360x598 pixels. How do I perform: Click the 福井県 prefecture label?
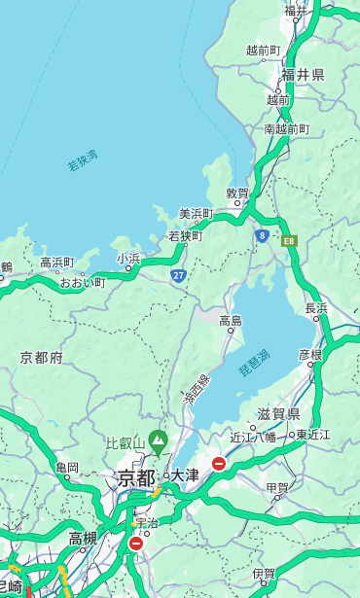coord(303,75)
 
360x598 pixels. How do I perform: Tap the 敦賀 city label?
coord(237,193)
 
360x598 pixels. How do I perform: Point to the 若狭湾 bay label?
coord(83,160)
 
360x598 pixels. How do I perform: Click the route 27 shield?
coord(178,275)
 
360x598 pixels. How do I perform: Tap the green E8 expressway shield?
coord(289,240)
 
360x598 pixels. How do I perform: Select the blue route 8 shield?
coord(262,235)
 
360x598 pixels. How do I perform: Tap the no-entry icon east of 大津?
coord(219,464)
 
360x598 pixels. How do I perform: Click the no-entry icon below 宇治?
coord(135,544)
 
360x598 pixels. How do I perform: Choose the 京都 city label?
coord(136,477)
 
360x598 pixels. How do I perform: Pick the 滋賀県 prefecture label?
coord(277,414)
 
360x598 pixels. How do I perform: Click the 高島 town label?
coord(231,320)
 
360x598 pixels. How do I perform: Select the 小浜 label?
coord(128,258)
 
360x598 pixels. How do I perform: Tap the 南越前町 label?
coord(286,128)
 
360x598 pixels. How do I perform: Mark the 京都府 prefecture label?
coord(42,358)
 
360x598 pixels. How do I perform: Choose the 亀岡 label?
coord(67,468)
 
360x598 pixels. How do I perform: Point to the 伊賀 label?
coord(264,574)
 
